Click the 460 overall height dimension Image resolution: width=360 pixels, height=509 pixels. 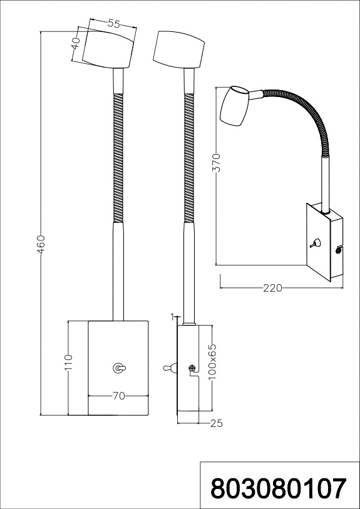point(42,244)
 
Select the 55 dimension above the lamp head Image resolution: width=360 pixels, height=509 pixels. point(113,23)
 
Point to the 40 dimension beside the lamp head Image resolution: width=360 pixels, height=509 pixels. point(75,43)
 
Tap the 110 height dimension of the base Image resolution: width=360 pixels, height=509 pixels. point(68,362)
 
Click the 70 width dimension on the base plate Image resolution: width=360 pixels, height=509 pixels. point(118,396)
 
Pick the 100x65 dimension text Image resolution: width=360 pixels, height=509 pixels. point(212,362)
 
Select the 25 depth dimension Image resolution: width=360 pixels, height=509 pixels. point(216,423)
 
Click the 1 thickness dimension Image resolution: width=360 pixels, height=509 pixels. point(173,315)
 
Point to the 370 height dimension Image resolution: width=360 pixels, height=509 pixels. point(217,162)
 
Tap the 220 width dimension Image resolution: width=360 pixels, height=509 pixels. point(272,288)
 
